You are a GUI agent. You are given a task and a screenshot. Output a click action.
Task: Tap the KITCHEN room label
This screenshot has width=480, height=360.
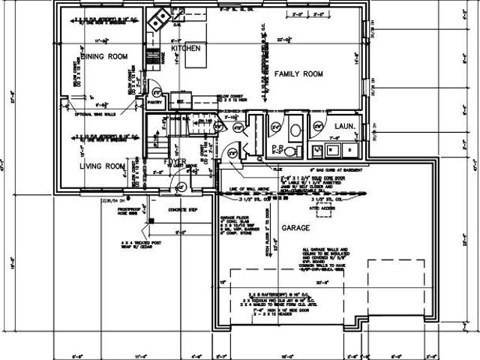pyautogui.click(x=185, y=48)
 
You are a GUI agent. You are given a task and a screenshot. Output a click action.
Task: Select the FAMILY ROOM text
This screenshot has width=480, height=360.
pyautogui.click(x=298, y=73)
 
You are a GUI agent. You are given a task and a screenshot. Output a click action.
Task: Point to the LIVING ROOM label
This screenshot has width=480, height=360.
pyautogui.click(x=102, y=166)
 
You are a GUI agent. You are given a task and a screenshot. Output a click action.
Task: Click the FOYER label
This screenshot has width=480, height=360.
pyautogui.click(x=175, y=162)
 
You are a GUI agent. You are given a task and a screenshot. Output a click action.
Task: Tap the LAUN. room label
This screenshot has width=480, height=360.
pyautogui.click(x=344, y=126)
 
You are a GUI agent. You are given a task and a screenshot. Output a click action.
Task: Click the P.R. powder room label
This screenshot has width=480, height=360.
pyautogui.click(x=277, y=148)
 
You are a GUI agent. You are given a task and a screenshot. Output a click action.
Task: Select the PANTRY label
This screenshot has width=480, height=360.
pyautogui.click(x=155, y=101)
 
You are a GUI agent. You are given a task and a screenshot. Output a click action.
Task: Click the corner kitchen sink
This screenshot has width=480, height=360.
pyautogui.click(x=156, y=22)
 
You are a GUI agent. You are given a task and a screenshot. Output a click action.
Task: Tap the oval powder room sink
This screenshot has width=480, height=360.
pyautogui.click(x=294, y=130)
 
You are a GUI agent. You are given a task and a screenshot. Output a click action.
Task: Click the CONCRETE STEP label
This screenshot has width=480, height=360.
pyautogui.click(x=183, y=210)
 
